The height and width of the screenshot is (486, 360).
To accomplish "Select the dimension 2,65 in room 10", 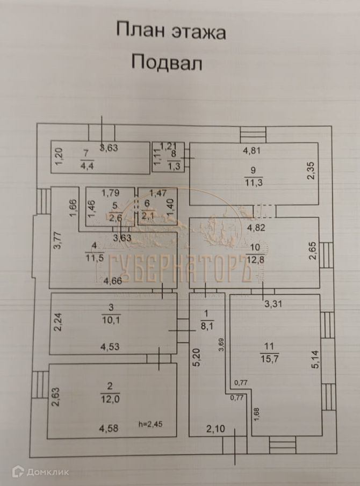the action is [313, 251].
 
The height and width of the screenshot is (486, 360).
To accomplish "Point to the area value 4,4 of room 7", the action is [87, 165].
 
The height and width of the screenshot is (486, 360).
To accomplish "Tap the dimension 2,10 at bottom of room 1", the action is [217, 429].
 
